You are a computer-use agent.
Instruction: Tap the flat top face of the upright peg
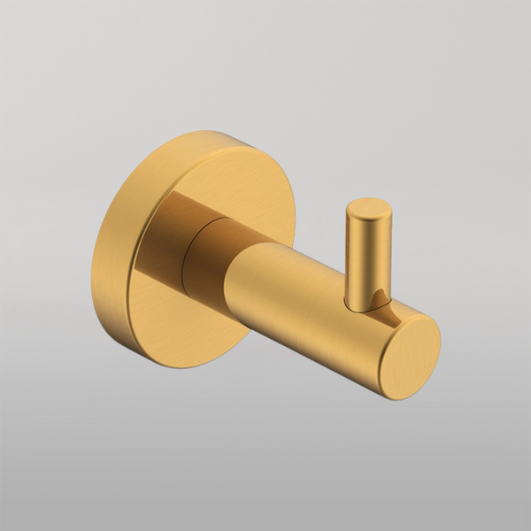point(367,210)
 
